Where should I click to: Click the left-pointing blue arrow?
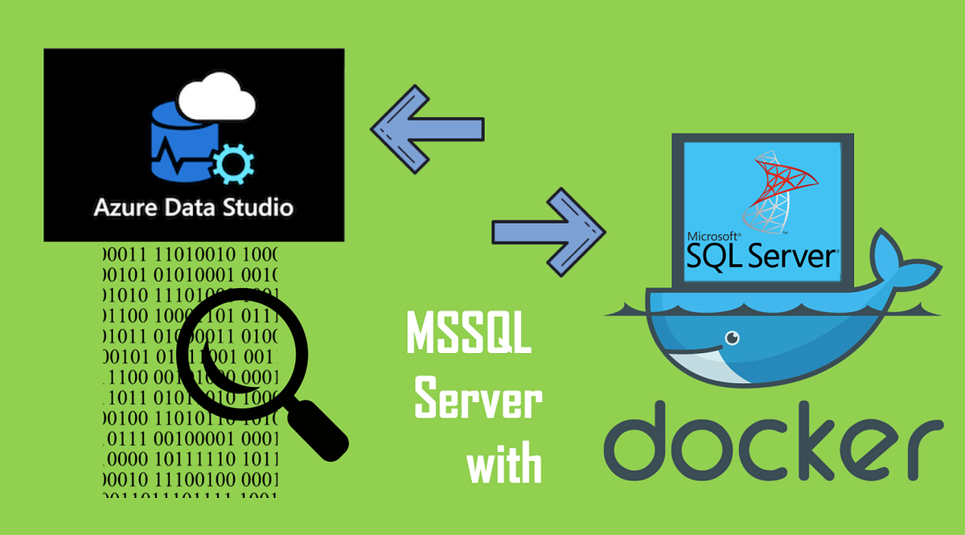(x=426, y=129)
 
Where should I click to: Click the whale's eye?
(x=731, y=337)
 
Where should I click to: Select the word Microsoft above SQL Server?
(x=712, y=237)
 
